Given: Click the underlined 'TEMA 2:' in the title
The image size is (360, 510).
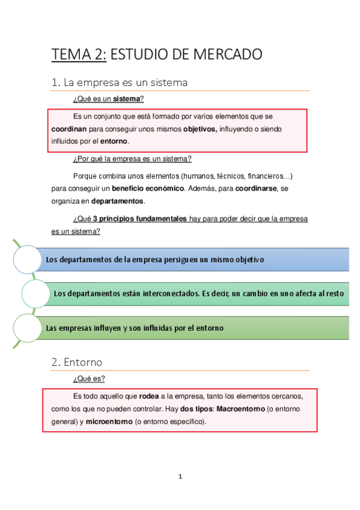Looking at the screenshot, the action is coord(79,55).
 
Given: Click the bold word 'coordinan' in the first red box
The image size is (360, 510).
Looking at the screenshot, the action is coord(69,129).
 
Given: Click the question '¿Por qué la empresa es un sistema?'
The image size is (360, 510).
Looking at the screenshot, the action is coord(132,159).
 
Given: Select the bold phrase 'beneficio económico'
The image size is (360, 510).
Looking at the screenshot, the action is coord(148,188).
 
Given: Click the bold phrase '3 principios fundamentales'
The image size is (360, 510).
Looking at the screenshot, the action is coord(139,219).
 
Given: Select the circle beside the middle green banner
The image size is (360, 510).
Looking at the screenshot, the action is coord(37,293).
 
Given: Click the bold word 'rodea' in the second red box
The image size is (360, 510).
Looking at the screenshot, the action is coord(150,397).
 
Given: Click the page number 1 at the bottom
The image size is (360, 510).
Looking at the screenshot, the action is coord(180,477).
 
